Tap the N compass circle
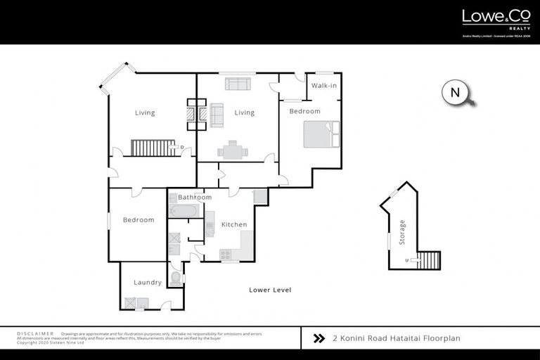[x=455, y=93]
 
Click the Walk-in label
[x=323, y=86]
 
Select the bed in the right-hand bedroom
[x=321, y=134]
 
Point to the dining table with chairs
[x=232, y=150]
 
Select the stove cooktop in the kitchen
[x=226, y=255]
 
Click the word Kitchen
[x=234, y=224]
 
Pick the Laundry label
[x=148, y=283]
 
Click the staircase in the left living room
[x=153, y=148]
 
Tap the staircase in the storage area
[x=428, y=260]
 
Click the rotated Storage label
[x=402, y=231]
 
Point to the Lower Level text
[x=270, y=290]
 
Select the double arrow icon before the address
[x=319, y=338]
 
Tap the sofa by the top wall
[x=237, y=84]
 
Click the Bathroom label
[x=195, y=198]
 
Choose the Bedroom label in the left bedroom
[x=138, y=220]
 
